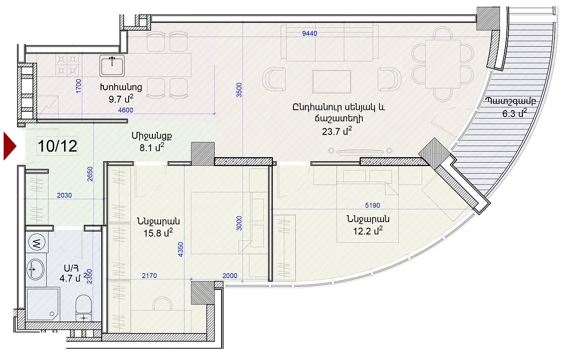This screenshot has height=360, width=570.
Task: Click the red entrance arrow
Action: [x=10, y=146]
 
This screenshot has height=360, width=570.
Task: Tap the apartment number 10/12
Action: [x=58, y=146]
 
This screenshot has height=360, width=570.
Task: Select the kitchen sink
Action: [x=112, y=65]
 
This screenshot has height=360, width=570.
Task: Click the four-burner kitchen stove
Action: [x=67, y=65]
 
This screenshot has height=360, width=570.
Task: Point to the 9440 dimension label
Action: [x=309, y=33]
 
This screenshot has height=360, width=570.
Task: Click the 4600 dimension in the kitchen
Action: [x=125, y=110]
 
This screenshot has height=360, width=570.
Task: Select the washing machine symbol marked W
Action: [x=37, y=242]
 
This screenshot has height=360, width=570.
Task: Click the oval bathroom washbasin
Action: [x=36, y=269]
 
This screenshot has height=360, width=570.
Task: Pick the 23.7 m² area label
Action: [x=337, y=131]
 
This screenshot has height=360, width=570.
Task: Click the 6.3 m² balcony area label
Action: [x=514, y=113]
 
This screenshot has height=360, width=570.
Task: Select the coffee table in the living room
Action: [x=332, y=82]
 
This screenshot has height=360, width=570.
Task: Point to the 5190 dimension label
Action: [x=373, y=205]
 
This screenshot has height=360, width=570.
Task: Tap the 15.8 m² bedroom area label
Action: [x=158, y=233]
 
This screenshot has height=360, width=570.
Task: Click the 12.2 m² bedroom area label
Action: [x=368, y=231]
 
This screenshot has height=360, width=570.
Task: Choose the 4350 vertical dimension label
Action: [x=180, y=249]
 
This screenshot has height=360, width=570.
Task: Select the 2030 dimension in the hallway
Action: [x=64, y=195]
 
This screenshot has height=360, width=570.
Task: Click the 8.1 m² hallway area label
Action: [x=152, y=147]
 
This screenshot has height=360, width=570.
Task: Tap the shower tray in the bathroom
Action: [x=43, y=305]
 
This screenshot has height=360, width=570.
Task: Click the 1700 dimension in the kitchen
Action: [x=79, y=86]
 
